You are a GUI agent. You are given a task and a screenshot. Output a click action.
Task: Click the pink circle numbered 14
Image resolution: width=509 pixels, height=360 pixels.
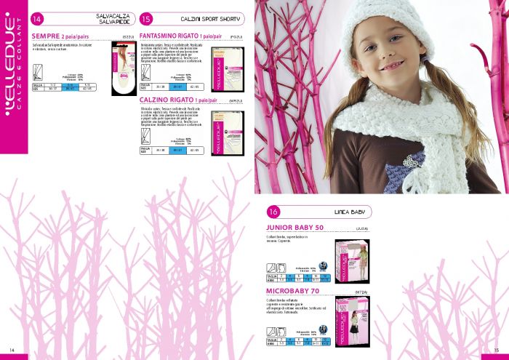pyautogui.click(x=37, y=18)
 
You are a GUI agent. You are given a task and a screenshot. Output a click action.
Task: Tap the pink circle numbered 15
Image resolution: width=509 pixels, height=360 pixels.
pyautogui.click(x=146, y=18)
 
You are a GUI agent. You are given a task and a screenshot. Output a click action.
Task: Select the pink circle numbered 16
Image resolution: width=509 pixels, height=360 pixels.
pyautogui.click(x=273, y=212)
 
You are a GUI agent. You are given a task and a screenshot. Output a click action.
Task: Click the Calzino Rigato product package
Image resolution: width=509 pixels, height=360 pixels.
pyautogui.click(x=226, y=132)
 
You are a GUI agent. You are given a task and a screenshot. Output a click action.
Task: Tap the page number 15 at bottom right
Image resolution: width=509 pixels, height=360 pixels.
pyautogui.click(x=496, y=348)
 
